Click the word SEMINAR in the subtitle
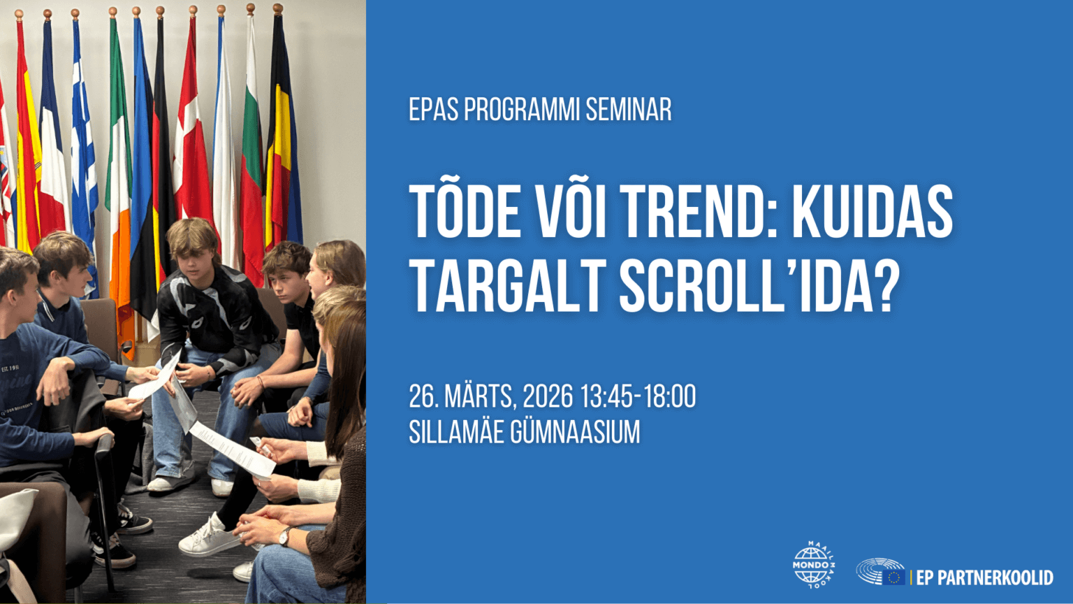pyautogui.click(x=629, y=110)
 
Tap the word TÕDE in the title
pyautogui.click(x=465, y=211)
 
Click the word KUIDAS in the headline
pyautogui.click(x=873, y=211)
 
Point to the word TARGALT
pyautogui.click(x=507, y=286)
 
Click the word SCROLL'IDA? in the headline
pyautogui.click(x=759, y=286)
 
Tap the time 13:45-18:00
pyautogui.click(x=638, y=396)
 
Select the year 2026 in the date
pyautogui.click(x=548, y=396)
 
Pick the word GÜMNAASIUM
pyautogui.click(x=575, y=433)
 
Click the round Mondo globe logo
pyautogui.click(x=813, y=565)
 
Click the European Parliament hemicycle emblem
pyautogui.click(x=880, y=571)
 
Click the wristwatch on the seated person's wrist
pyautogui.click(x=284, y=536)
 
